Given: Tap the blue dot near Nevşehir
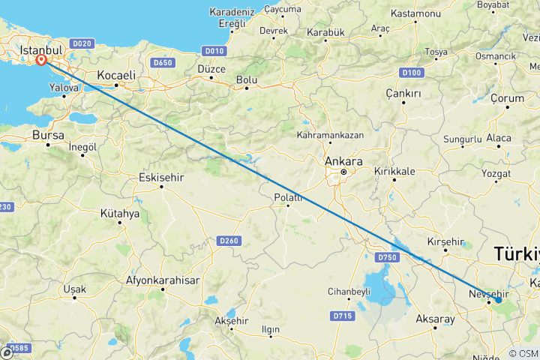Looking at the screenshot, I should (x=498, y=300).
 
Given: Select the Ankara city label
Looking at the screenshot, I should (x=344, y=161).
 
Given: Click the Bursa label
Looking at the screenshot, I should (x=48, y=136).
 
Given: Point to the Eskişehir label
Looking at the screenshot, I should (x=162, y=178).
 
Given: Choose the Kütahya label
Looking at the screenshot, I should (x=120, y=214).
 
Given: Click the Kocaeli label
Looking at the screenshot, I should (x=116, y=76).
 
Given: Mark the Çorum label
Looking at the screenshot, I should (x=507, y=98).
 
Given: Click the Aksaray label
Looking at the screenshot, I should (x=435, y=319).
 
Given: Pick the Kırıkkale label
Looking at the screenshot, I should (x=394, y=171).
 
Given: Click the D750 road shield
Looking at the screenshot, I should (x=387, y=257).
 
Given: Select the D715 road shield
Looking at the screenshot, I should (x=342, y=316).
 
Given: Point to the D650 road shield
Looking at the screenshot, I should (x=162, y=62).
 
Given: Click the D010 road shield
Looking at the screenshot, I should (x=214, y=51).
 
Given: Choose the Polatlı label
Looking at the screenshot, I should (x=289, y=198).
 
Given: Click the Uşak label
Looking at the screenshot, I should (x=75, y=289).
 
